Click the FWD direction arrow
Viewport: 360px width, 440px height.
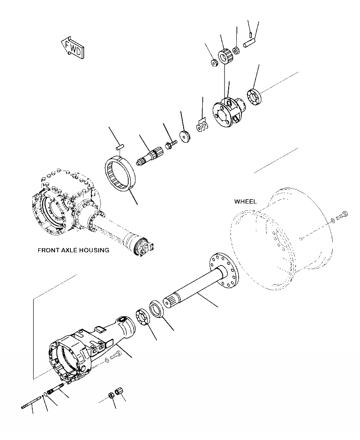pyautogui.click(x=73, y=48)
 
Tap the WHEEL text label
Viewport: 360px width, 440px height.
pyautogui.click(x=245, y=201)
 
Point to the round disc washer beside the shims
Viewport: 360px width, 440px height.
pyautogui.click(x=185, y=137)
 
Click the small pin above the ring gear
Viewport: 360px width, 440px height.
pyautogui.click(x=120, y=146)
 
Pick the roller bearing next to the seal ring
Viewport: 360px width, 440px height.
pyautogui.click(x=144, y=317)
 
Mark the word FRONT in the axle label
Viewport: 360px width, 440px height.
pyautogui.click(x=48, y=250)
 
